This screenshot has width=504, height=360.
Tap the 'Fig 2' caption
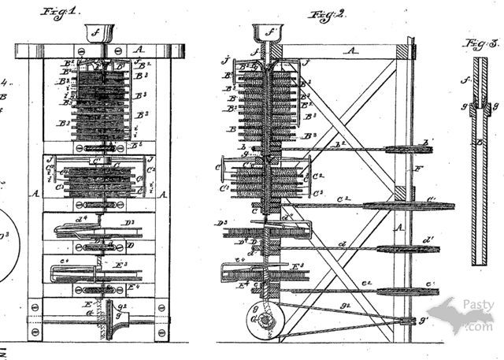coord(323,13)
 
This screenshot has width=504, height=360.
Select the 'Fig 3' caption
coord(480,44)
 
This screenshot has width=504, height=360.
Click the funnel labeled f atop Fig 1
coord(98,34)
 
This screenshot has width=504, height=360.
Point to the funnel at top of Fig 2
coord(269,34)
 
